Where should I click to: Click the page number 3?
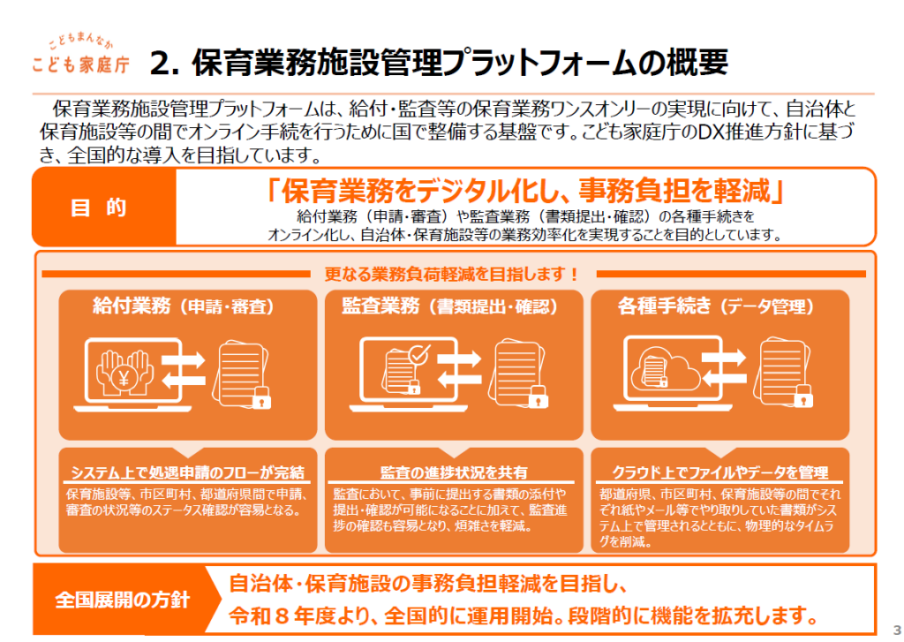tap(894, 619)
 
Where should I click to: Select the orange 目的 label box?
tap(104, 208)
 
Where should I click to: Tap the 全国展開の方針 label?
tap(122, 600)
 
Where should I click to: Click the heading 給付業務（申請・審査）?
tap(184, 307)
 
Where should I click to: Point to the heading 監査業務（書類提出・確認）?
tap(450, 307)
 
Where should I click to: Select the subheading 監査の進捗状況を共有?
tap(454, 472)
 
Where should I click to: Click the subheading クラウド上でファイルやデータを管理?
tap(719, 472)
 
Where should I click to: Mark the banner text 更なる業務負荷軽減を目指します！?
tap(452, 275)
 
